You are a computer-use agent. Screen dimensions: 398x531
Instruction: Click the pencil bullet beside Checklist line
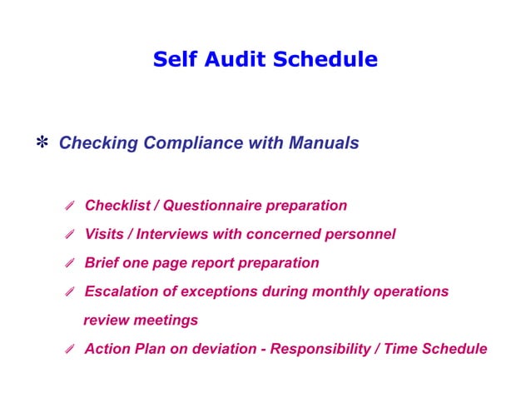click(71, 206)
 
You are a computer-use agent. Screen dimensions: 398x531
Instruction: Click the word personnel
click(360, 234)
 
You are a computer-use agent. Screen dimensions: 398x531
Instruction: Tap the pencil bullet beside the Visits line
click(71, 235)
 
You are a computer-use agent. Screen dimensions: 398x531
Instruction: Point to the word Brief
click(102, 263)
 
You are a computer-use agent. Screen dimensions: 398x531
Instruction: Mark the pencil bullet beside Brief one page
click(71, 264)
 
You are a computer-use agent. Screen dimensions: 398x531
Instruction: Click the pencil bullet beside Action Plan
click(71, 350)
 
